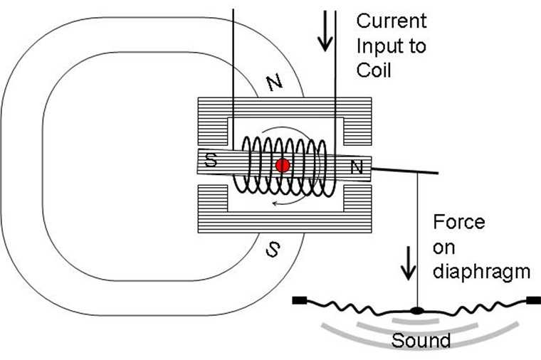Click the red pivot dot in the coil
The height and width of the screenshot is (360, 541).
[x=283, y=166]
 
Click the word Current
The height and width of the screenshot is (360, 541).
[x=392, y=21]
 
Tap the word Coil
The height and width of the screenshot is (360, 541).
[x=374, y=70]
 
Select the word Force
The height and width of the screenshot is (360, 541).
[x=459, y=222]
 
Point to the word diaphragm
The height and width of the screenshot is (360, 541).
[x=481, y=272]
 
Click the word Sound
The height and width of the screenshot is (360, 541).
[x=421, y=340]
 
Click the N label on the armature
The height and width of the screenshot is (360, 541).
[x=357, y=167]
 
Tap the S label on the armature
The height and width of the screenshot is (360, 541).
[x=211, y=159]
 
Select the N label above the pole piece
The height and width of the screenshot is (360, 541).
[x=274, y=83]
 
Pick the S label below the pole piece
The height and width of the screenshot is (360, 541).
[x=273, y=249]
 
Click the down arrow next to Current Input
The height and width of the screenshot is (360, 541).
[x=325, y=31]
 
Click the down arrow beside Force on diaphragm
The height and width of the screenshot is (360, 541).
[x=408, y=263]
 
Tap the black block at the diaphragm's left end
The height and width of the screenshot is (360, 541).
[x=300, y=300]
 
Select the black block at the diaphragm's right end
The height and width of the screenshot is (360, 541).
[x=533, y=300]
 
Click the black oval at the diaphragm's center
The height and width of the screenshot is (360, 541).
[x=417, y=311]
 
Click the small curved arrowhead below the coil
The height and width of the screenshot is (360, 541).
[x=275, y=203]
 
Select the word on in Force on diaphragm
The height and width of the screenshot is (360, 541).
[x=443, y=248]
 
